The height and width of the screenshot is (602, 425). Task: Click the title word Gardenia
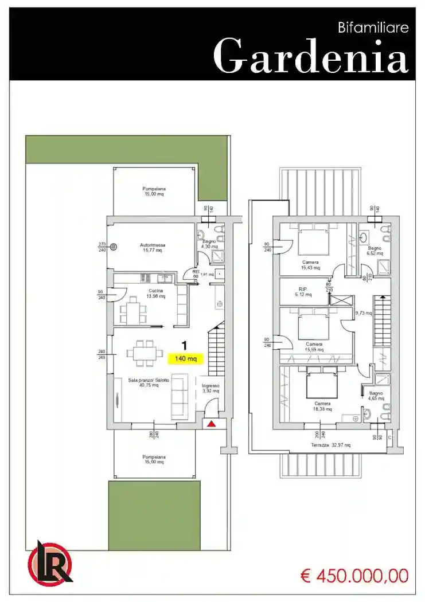point(310,56)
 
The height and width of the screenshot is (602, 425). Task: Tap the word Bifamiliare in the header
point(374,28)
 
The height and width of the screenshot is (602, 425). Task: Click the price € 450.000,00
point(354,575)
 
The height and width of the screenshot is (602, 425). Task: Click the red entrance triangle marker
point(212,424)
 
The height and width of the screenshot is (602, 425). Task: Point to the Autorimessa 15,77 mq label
point(151,248)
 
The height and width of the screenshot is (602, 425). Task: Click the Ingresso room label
point(210,389)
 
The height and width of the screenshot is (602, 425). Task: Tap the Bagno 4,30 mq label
point(209,244)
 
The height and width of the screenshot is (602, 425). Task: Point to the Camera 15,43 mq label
point(311,264)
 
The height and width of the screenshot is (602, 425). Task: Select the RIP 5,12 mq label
point(304,292)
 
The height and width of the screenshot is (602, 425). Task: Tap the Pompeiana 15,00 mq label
point(154,191)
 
